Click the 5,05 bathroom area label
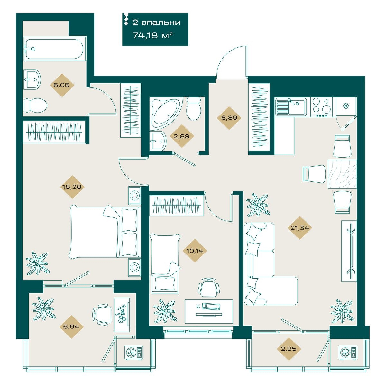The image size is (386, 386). [x=61, y=85]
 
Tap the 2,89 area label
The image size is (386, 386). [x=182, y=136]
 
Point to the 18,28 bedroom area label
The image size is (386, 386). [x=72, y=187]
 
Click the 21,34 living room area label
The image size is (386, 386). [x=300, y=228]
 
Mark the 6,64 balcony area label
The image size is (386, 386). [x=71, y=327]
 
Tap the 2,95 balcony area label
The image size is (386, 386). [x=289, y=349]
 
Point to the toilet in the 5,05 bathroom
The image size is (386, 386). [x=35, y=105]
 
